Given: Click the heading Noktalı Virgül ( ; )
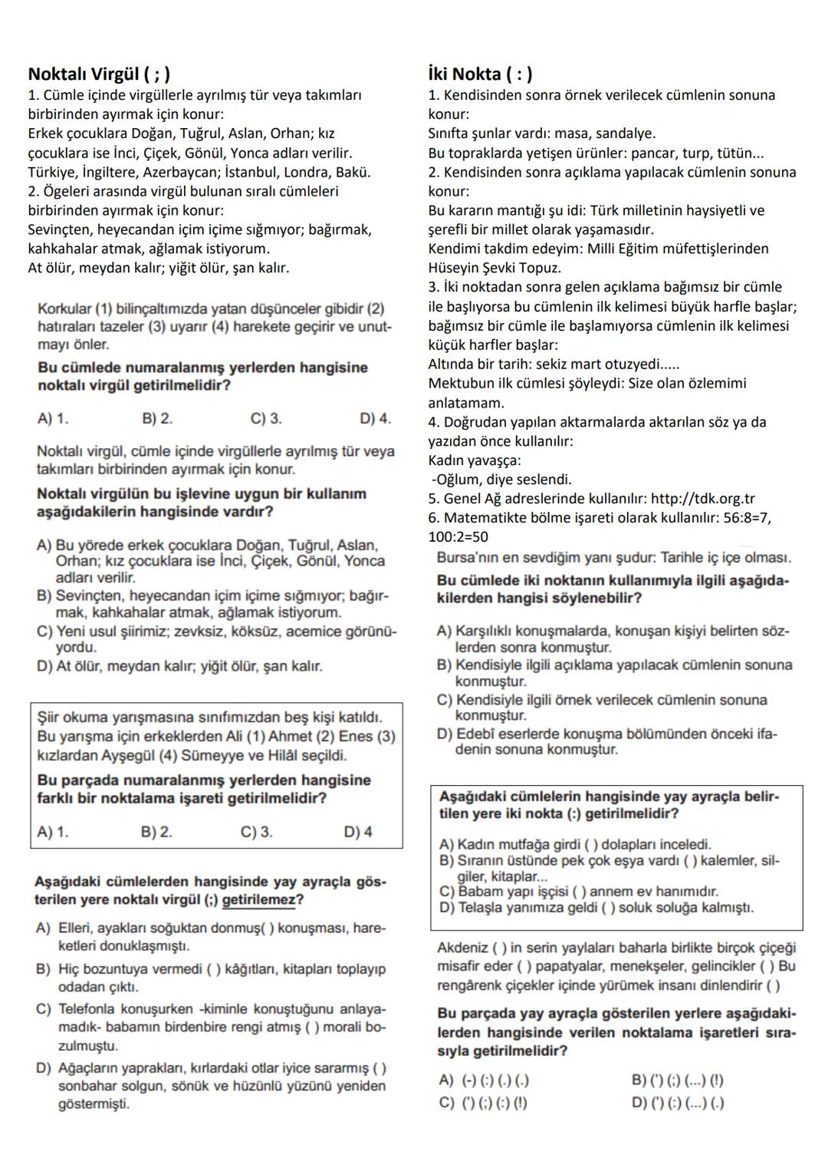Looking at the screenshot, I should point(99,74).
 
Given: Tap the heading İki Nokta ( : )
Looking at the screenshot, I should point(480,74).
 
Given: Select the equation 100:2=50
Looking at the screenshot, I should point(458,537).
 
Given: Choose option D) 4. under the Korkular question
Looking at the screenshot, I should point(375,419).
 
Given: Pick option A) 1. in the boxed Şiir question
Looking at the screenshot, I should point(52,832).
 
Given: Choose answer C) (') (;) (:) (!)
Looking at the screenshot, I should point(483,1103).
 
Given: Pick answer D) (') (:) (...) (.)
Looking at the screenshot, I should point(678,1103).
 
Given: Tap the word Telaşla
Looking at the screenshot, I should point(482,908).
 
